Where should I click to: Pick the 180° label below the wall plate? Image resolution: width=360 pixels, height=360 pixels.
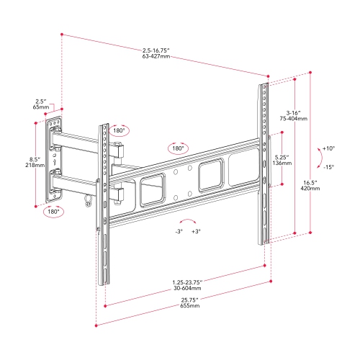click(x=53, y=212)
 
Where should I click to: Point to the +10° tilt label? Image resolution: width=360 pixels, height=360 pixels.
click(x=328, y=148)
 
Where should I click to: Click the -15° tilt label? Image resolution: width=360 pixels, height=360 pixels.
click(x=328, y=167)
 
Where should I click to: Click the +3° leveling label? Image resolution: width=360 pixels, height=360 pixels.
click(x=195, y=232)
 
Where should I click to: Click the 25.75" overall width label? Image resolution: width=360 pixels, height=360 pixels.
click(x=189, y=299)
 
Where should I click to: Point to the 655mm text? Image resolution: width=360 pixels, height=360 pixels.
click(x=189, y=306)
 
